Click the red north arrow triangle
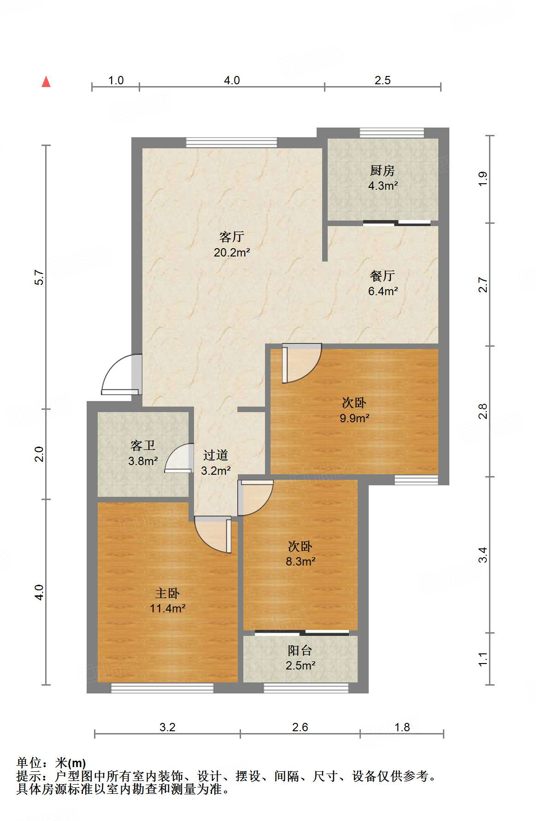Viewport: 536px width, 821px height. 46,82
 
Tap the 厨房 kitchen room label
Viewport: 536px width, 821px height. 382,171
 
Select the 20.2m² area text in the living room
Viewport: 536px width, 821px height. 232,252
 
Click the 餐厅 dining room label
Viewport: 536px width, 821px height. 382,276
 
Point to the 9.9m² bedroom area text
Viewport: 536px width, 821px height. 354,418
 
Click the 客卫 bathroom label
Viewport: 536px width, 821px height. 142,446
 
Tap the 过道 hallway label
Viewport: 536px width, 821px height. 215,455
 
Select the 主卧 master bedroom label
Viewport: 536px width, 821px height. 167,593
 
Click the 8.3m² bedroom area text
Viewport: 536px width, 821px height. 300,561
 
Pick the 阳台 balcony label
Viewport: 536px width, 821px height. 300,651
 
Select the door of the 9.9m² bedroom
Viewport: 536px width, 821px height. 300,364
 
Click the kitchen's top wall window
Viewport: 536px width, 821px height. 391,133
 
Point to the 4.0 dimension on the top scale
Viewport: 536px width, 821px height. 232,81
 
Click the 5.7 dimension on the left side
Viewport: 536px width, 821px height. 39,277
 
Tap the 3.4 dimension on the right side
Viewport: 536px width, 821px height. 483,554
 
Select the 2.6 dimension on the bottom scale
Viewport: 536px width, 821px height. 300,727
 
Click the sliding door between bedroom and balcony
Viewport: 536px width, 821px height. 302,633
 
